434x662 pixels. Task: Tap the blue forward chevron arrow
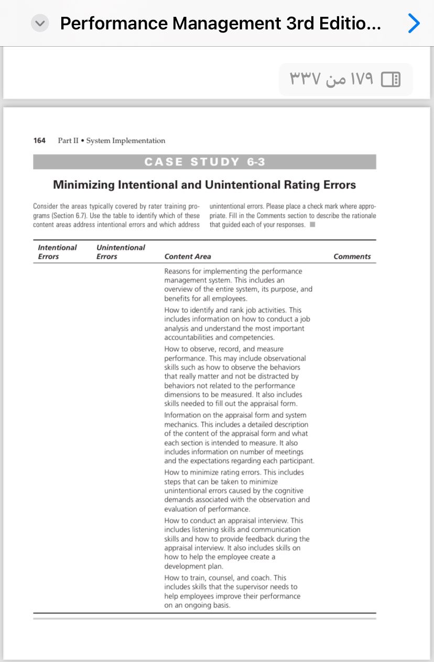414,24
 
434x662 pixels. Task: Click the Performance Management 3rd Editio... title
221,24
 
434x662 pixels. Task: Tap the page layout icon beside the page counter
390,79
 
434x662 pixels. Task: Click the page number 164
39,141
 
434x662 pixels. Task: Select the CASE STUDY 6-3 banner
204,162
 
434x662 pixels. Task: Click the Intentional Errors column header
57,252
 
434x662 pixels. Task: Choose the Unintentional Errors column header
121,252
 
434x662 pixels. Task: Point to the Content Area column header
188,257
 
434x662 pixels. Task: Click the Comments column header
352,257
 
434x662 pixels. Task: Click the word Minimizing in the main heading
84,185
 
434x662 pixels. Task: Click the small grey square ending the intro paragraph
312,225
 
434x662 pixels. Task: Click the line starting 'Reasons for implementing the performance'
233,271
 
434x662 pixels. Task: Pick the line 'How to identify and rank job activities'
233,310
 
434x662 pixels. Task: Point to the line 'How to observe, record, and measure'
224,349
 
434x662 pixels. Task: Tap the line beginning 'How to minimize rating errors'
234,472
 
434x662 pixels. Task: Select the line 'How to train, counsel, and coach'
225,578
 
